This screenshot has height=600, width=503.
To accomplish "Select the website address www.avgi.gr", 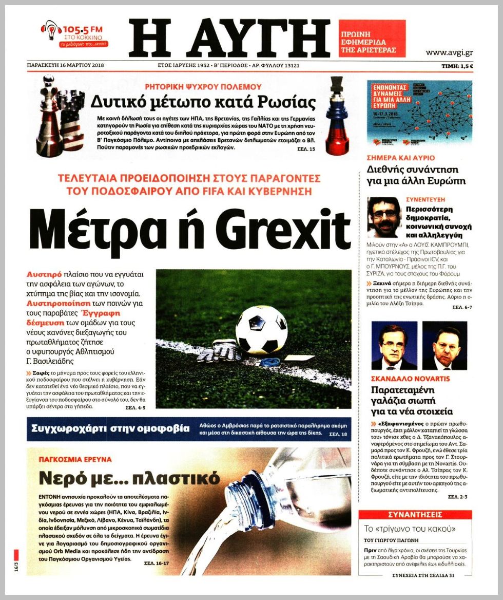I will pos(449,52).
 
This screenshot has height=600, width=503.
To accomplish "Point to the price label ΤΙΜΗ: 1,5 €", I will pos(457,66).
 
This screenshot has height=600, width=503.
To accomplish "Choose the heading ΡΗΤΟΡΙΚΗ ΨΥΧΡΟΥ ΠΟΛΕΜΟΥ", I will pos(203,87).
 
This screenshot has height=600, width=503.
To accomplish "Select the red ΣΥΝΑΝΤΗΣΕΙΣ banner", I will pos(415,515).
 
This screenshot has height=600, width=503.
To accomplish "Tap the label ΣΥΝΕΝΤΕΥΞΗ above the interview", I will pos(425,199).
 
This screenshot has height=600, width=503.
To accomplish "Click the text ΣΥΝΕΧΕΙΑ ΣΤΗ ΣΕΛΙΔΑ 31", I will pos(423,575).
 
